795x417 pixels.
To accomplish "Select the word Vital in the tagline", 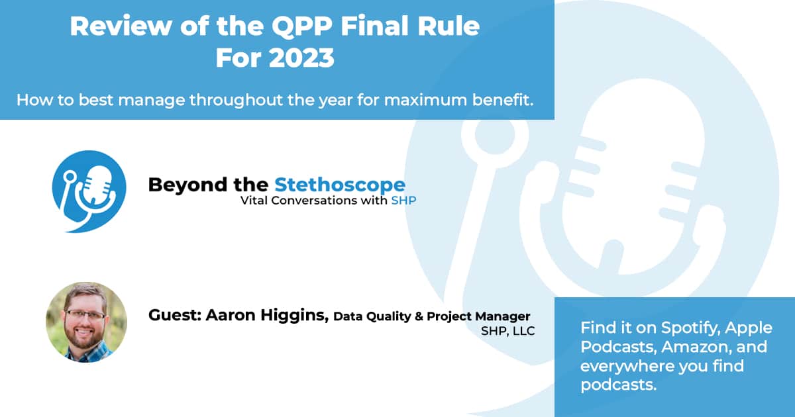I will tap(254, 201).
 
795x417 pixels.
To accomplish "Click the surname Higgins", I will tap(295, 316).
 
